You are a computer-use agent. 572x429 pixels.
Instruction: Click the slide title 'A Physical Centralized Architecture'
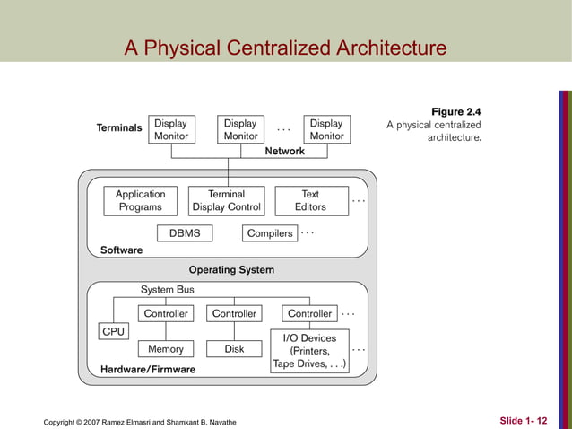click(x=285, y=47)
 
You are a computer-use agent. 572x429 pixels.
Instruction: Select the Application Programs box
click(x=140, y=200)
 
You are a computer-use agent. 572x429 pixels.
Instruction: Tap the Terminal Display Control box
click(x=227, y=200)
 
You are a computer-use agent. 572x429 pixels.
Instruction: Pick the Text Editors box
click(x=310, y=200)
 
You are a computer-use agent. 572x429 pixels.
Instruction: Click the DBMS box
click(x=186, y=233)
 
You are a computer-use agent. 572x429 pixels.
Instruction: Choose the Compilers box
click(x=270, y=233)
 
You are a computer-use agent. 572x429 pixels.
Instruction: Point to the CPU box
click(x=114, y=332)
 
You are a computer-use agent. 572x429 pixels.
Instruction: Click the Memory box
click(x=165, y=349)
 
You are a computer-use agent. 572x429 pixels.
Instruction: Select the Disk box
click(x=234, y=349)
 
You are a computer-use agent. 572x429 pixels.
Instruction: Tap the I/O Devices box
click(x=309, y=351)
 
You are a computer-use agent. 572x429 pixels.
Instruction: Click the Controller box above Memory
click(x=166, y=314)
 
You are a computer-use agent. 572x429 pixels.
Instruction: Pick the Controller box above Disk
click(x=234, y=314)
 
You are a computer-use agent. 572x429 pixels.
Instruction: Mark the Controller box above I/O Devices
click(x=309, y=314)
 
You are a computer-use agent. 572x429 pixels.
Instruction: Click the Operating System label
click(x=231, y=269)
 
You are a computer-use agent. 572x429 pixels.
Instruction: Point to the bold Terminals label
click(x=119, y=128)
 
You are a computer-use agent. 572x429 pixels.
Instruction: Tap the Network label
click(x=284, y=151)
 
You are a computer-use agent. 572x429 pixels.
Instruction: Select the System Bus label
click(x=167, y=290)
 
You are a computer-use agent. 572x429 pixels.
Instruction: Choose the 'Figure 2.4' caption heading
click(x=455, y=111)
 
